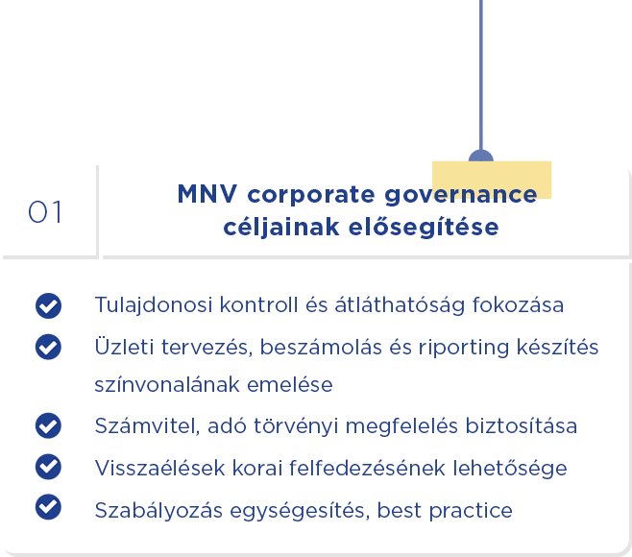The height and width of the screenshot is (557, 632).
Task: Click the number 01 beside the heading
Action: (45, 212)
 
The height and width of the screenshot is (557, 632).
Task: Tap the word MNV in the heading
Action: (207, 194)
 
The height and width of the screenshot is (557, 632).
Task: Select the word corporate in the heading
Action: (311, 195)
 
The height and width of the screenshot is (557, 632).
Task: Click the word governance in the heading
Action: (461, 196)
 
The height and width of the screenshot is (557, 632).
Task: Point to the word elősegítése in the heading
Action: (424, 227)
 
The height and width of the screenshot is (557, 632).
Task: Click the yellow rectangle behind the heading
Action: (492, 180)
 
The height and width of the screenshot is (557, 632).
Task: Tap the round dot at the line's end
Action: (481, 156)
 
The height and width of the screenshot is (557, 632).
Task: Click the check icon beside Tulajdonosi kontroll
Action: (48, 306)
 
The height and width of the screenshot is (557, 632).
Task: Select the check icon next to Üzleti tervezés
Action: (48, 347)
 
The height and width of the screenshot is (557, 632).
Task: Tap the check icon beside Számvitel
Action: (48, 425)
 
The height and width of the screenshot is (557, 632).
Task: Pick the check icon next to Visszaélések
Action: (48, 467)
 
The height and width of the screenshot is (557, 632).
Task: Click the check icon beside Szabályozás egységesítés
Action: (48, 507)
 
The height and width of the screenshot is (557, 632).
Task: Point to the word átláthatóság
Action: (400, 305)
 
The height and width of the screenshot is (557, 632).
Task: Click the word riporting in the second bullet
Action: (464, 348)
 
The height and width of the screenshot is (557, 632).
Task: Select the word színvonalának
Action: (167, 384)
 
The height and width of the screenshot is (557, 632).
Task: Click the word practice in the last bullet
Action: (471, 511)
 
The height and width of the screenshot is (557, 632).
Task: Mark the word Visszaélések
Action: (159, 468)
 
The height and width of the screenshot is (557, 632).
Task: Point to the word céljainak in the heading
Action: (281, 228)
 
